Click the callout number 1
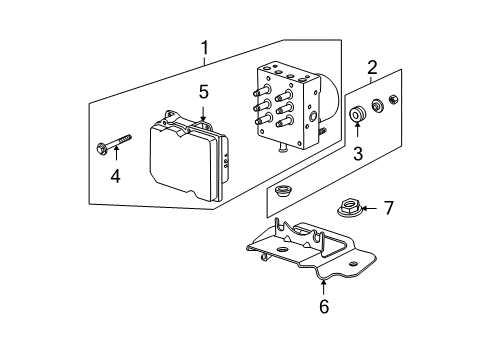(205, 46)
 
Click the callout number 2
(371, 68)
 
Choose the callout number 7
(389, 207)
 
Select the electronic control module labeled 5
(184, 160)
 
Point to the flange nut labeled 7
(349, 208)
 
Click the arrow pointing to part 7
(369, 207)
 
